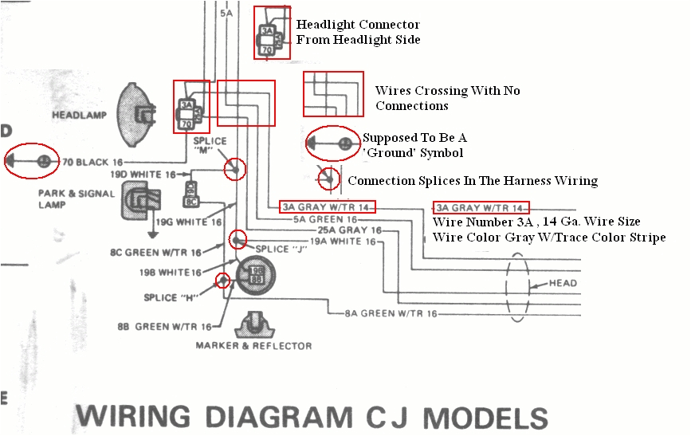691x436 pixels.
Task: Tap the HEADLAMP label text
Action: (79, 115)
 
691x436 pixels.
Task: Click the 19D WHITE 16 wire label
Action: (143, 174)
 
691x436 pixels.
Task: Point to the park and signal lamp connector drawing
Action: (139, 201)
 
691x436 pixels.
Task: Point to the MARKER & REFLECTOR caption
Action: (253, 345)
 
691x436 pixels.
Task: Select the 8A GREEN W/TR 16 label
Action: (391, 313)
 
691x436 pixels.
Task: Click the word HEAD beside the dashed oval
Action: (563, 283)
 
